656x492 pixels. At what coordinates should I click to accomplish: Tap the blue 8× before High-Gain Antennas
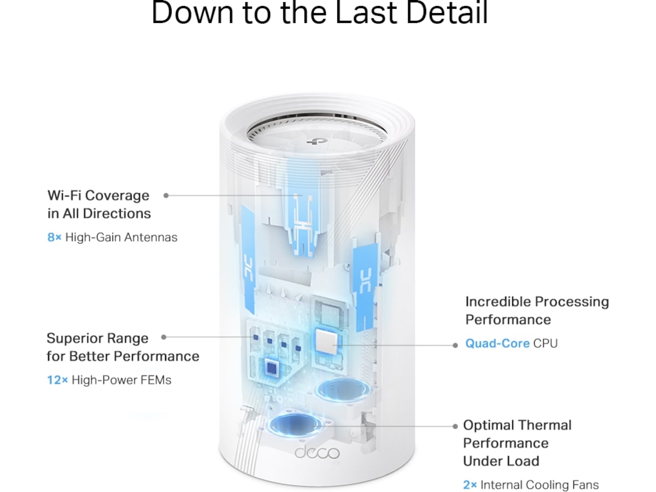pos(54,237)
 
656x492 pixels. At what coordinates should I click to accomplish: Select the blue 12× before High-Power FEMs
pos(57,379)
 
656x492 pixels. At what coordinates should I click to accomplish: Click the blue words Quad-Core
pos(497,343)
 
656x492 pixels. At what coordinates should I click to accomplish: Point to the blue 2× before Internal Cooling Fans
pos(470,484)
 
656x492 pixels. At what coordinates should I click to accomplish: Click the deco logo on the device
pos(317,452)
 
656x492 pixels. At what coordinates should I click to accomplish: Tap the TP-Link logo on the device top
pos(314,142)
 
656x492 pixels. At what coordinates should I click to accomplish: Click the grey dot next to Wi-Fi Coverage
pos(166,195)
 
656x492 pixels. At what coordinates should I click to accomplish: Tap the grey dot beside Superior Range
pos(164,337)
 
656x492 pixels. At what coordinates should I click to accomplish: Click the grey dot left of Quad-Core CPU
pos(455,345)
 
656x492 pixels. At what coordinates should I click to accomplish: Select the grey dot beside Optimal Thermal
pos(455,425)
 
